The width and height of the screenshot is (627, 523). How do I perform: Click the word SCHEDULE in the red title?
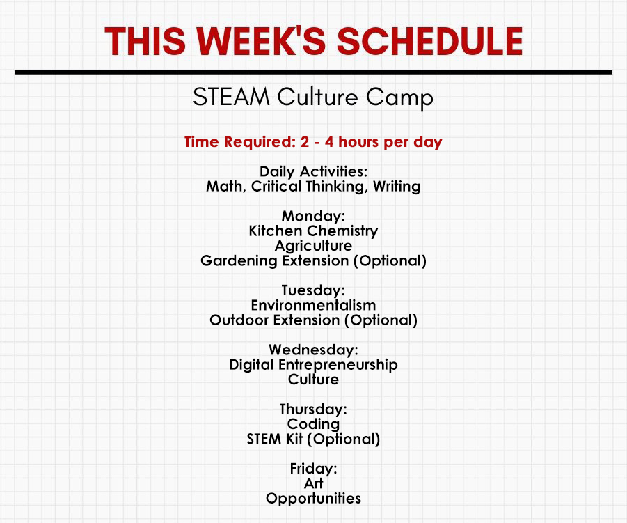[x=430, y=41]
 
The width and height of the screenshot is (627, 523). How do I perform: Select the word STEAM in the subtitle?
[x=231, y=97]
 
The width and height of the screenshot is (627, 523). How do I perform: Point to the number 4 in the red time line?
[x=329, y=141]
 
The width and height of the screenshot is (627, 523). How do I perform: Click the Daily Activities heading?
[x=313, y=171]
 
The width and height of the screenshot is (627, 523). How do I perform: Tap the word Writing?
[x=397, y=187]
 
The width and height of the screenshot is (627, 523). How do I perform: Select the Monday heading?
[x=313, y=216]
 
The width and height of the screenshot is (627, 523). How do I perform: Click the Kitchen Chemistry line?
[x=313, y=231]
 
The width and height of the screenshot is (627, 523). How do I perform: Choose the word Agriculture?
[x=313, y=246]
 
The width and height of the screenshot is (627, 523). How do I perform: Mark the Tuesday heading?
[x=313, y=290]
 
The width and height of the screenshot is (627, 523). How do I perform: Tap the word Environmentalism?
[x=313, y=305]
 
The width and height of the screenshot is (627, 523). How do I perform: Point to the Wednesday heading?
[x=313, y=350]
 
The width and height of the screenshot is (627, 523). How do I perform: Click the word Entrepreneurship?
[x=338, y=365]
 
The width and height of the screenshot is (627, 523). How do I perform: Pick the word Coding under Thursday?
[x=313, y=424]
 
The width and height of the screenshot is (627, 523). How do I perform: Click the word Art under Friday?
[x=313, y=483]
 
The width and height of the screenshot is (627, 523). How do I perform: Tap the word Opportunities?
[x=313, y=499]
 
